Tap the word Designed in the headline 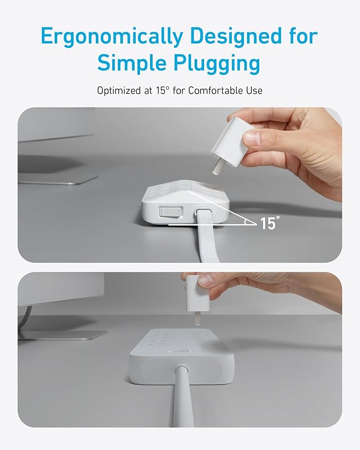236,36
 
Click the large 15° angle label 269,223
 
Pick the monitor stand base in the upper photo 57,179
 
